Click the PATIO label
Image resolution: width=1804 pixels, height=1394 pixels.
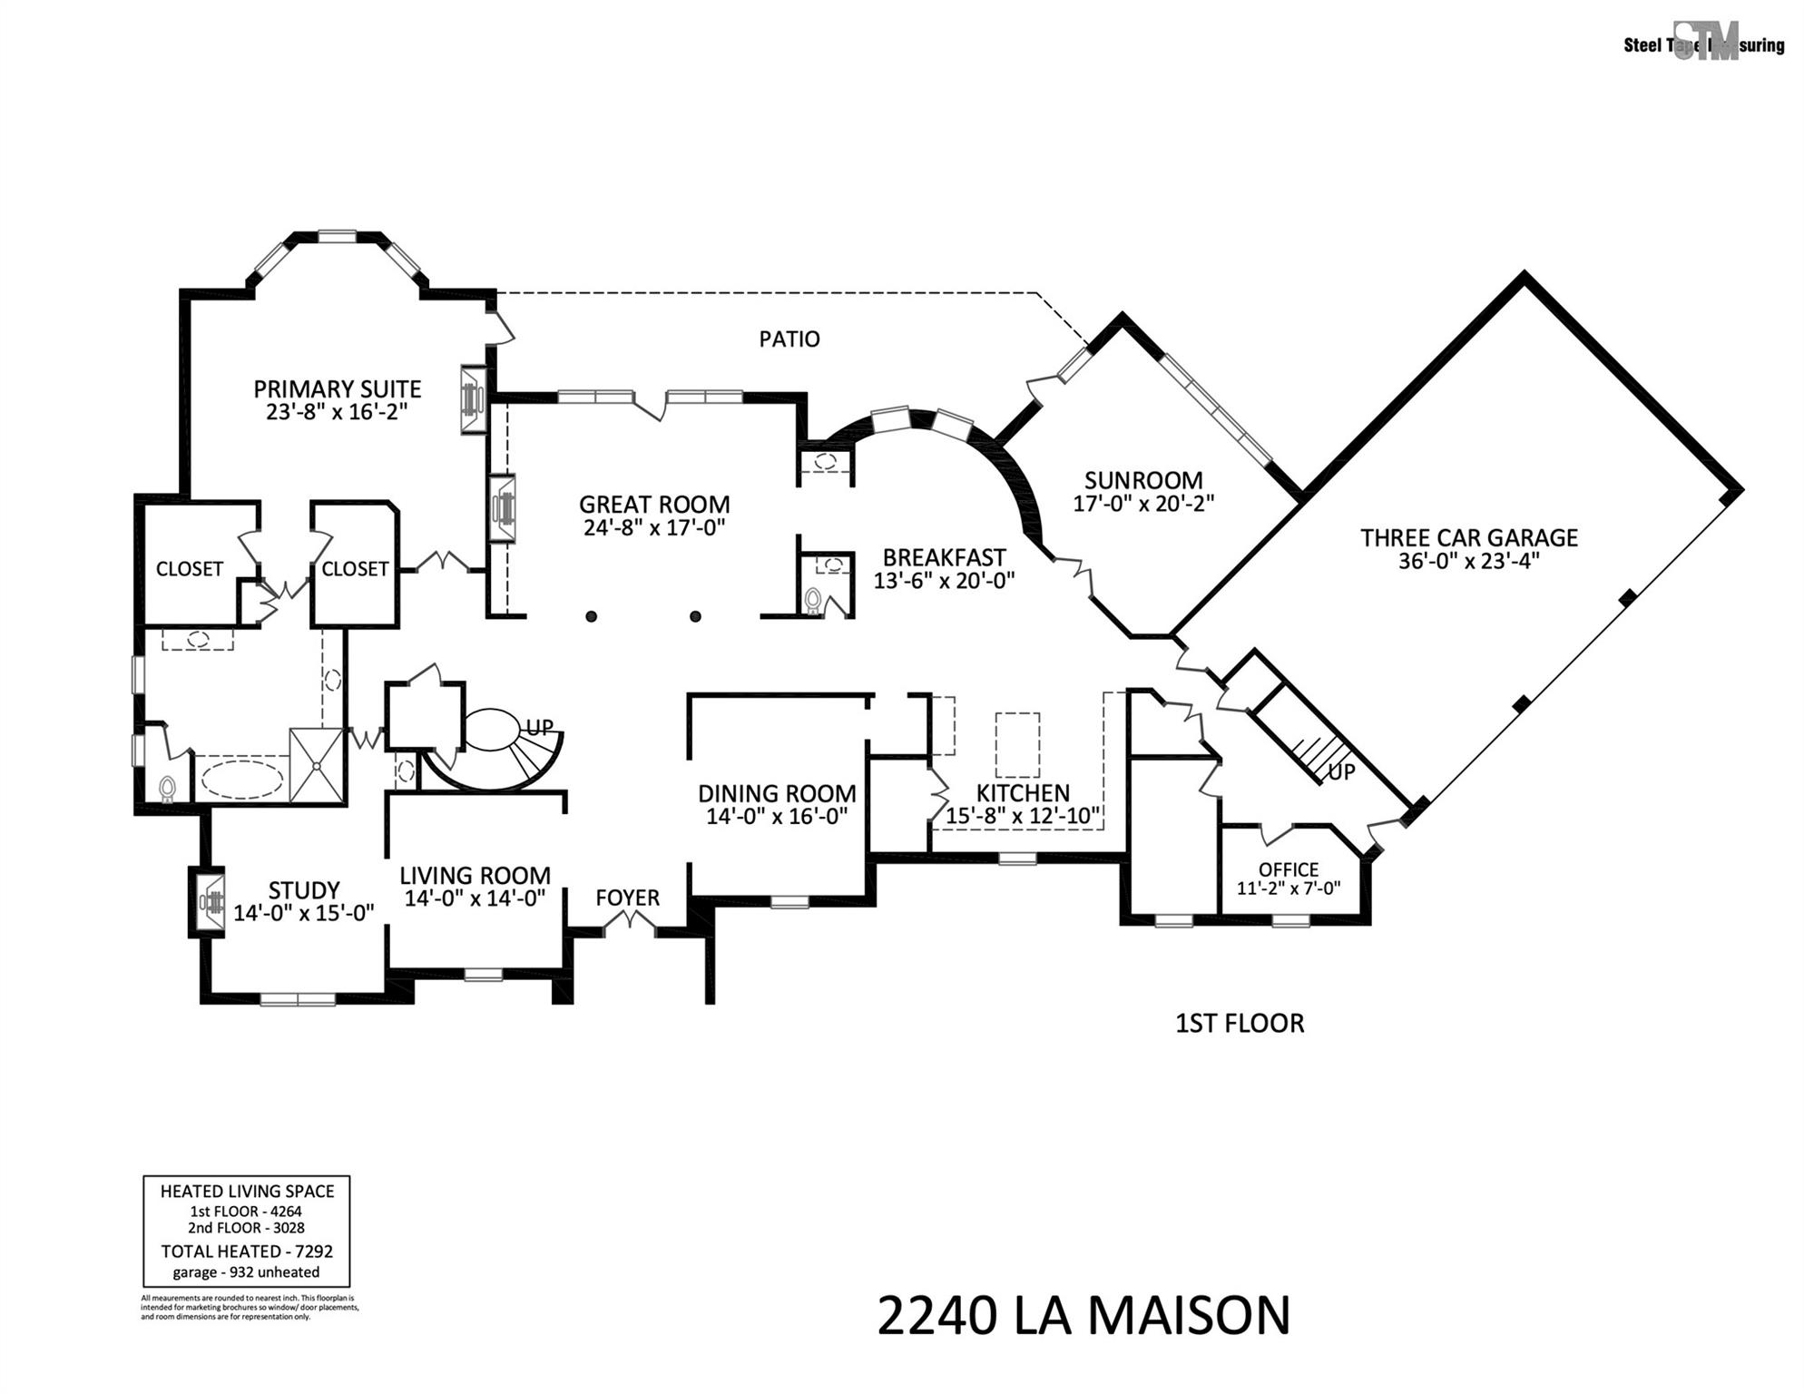[789, 339]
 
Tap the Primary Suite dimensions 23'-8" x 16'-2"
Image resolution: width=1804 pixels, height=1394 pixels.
[337, 412]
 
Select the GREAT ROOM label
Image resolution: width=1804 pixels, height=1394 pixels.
[653, 505]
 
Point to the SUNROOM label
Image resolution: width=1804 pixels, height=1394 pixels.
[1142, 480]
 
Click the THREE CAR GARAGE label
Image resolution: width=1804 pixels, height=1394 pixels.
[1468, 537]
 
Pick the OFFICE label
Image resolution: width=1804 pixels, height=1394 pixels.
[1288, 869]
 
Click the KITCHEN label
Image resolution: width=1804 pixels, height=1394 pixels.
[1022, 792]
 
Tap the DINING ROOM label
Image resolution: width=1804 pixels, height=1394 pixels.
[776, 793]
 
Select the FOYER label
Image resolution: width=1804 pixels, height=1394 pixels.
[627, 898]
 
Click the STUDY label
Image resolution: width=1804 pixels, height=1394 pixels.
[303, 889]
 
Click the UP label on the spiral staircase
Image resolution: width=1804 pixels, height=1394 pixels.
[539, 728]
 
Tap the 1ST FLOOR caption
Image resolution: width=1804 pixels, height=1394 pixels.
[1239, 1024]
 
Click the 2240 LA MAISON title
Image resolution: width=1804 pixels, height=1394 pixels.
[1083, 1316]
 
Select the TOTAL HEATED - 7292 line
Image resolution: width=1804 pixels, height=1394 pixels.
[247, 1252]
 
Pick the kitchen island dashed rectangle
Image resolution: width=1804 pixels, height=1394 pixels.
[1017, 744]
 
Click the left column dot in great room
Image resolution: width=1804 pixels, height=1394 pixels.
[592, 617]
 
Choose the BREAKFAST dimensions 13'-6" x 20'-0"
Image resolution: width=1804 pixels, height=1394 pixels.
[944, 581]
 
